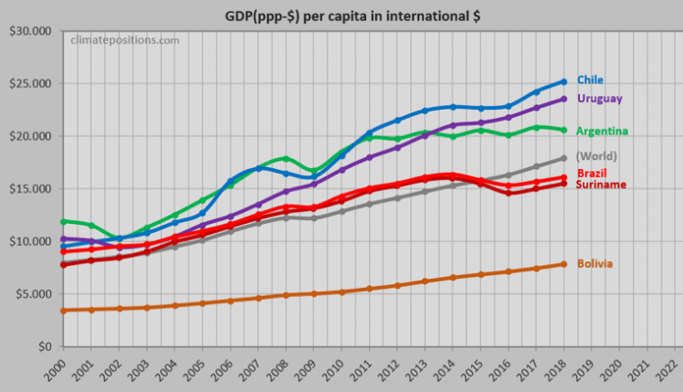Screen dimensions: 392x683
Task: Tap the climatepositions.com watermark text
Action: pos(125,40)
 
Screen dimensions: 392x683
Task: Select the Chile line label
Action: pos(590,79)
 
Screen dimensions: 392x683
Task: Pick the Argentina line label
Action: pos(603,131)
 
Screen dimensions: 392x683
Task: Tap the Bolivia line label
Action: pos(594,264)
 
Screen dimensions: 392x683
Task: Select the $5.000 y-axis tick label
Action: pos(30,294)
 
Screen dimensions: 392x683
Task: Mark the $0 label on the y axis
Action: pos(42,347)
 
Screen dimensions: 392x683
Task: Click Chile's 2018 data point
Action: pos(563,81)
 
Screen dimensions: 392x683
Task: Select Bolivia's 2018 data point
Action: pos(563,264)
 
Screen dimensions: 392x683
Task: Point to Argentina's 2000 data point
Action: pos(62,221)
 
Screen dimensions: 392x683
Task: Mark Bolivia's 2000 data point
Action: pos(62,311)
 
